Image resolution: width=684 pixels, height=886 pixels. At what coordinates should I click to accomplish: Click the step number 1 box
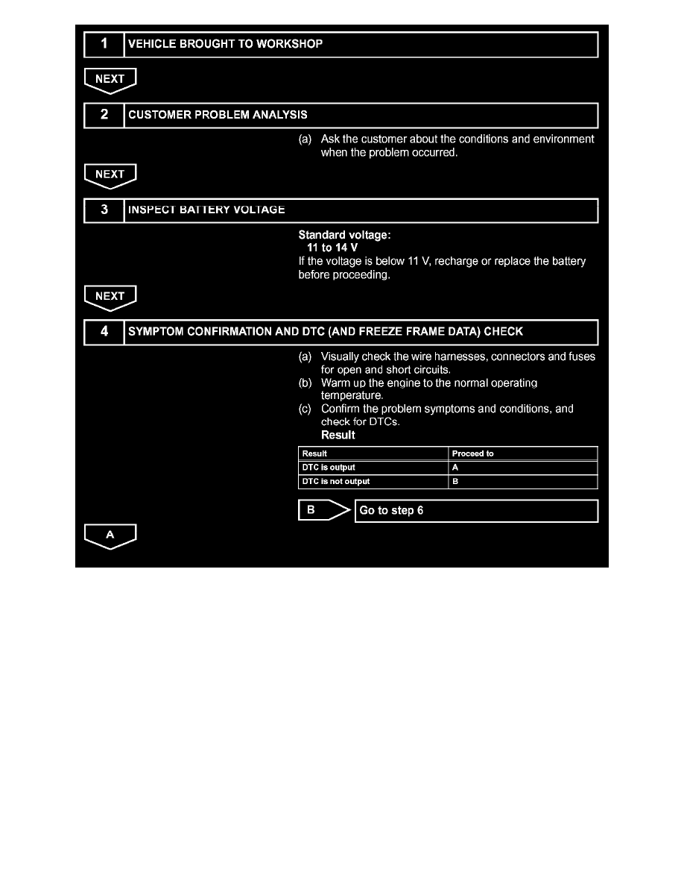(x=104, y=44)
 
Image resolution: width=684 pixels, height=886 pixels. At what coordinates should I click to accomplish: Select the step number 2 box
(x=104, y=115)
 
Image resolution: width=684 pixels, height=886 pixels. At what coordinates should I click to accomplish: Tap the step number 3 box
(x=104, y=210)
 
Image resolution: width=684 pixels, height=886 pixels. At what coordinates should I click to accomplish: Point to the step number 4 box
(x=104, y=331)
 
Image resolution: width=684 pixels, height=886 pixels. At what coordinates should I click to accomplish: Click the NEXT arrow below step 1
(x=110, y=80)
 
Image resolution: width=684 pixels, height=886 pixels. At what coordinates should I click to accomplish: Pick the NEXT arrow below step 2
(x=110, y=175)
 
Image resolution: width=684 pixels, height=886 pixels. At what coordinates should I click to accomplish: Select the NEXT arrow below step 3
(x=110, y=298)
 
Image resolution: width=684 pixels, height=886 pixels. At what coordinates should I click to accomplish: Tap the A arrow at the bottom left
(x=110, y=535)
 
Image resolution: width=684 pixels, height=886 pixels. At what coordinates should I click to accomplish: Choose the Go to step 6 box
(x=476, y=511)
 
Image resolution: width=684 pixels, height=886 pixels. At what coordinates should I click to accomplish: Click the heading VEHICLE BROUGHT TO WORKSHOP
(x=226, y=44)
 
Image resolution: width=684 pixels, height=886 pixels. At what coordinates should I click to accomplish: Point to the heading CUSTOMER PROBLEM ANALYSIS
(x=218, y=115)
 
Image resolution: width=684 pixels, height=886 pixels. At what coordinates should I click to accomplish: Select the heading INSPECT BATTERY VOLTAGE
(x=206, y=210)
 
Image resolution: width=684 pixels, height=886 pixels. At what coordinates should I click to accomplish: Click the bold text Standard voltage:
(x=344, y=235)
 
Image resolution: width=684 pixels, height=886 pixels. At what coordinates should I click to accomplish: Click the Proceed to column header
(x=473, y=453)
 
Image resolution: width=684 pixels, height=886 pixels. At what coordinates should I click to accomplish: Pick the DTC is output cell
(x=328, y=468)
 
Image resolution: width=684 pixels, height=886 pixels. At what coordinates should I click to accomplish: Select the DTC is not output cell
(x=335, y=482)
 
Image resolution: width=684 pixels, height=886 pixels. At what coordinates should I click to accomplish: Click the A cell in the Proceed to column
(x=456, y=468)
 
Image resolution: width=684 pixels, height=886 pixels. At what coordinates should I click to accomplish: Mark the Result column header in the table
(x=314, y=453)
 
